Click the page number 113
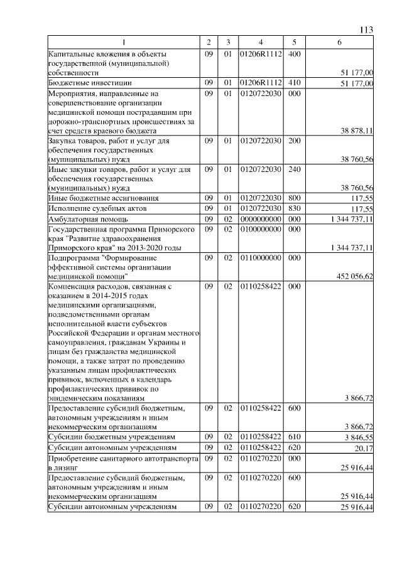[x=367, y=30]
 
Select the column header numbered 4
[x=260, y=42]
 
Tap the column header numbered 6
[x=340, y=42]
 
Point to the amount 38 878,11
[x=357, y=131]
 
